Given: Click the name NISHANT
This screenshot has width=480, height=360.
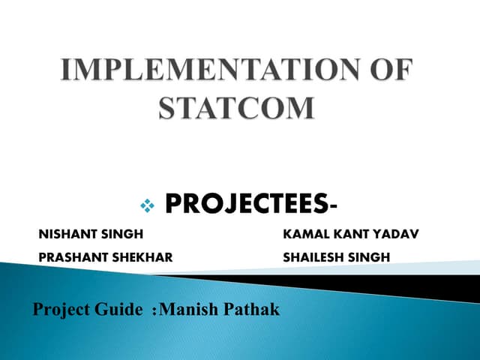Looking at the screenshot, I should click(x=64, y=235).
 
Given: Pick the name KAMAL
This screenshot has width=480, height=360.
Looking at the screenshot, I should click(x=303, y=235).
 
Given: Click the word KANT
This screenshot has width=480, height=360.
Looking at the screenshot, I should click(x=345, y=235).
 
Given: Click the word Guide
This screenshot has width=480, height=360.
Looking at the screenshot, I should click(x=118, y=308).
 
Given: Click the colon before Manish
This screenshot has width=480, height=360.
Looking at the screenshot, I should click(x=154, y=310).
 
